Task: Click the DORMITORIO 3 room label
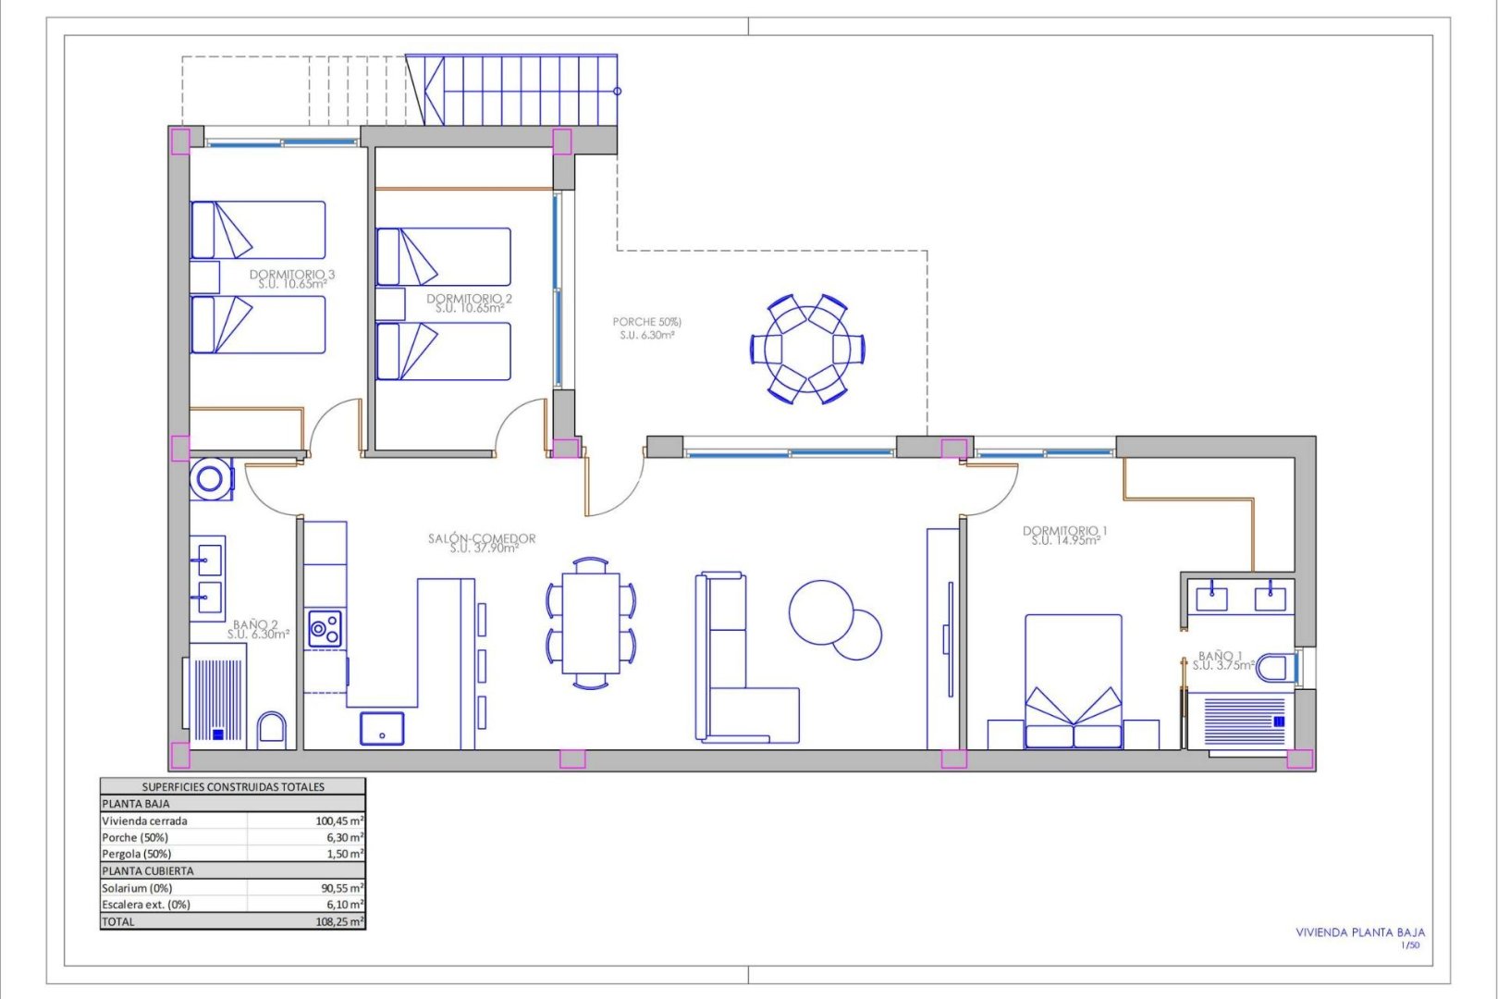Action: pyautogui.click(x=292, y=275)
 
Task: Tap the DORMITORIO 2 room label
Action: pyautogui.click(x=469, y=299)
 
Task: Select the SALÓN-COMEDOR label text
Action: pyautogui.click(x=482, y=538)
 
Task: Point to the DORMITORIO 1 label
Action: pyautogui.click(x=1064, y=531)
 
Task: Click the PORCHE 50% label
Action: pyautogui.click(x=646, y=322)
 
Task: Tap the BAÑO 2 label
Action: pyautogui.click(x=256, y=625)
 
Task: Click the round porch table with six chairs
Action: pyautogui.click(x=807, y=349)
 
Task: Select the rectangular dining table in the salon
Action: pyautogui.click(x=590, y=623)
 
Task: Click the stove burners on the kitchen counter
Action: pyautogui.click(x=324, y=629)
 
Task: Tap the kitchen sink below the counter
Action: pyautogui.click(x=382, y=728)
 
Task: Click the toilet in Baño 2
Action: pyautogui.click(x=272, y=729)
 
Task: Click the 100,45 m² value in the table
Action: pyautogui.click(x=338, y=820)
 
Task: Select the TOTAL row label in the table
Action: pyautogui.click(x=117, y=921)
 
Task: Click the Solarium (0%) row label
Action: pyautogui.click(x=137, y=888)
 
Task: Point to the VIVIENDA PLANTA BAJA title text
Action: pyautogui.click(x=1359, y=932)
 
